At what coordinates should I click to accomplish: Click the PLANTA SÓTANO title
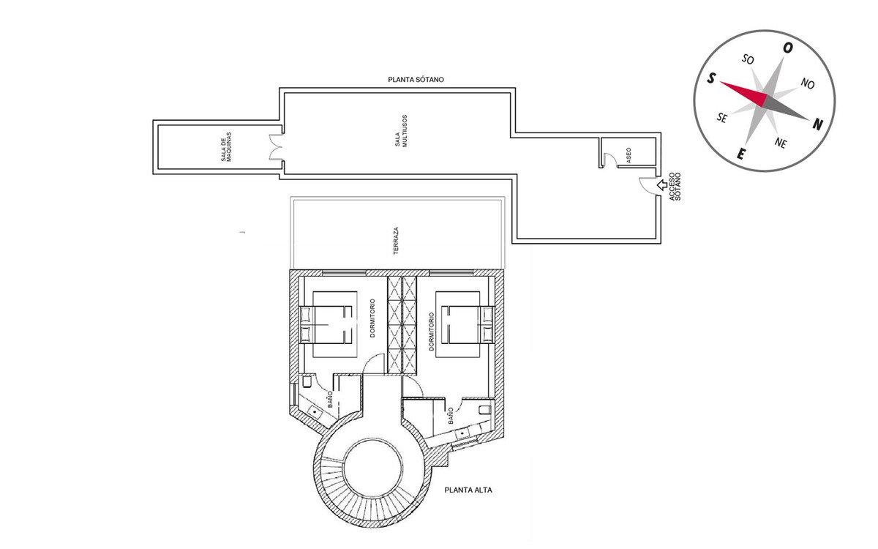[x=416, y=80]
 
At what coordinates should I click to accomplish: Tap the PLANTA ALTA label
[x=468, y=490]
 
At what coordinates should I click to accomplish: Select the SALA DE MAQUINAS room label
[x=226, y=147]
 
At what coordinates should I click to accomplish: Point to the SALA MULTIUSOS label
[x=402, y=131]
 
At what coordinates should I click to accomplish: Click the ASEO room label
[x=629, y=155]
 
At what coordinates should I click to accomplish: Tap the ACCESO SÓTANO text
[x=675, y=186]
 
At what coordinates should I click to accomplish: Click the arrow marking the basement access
[x=662, y=185]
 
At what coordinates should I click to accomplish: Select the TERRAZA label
[x=396, y=241]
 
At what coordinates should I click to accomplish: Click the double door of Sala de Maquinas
[x=276, y=147]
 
